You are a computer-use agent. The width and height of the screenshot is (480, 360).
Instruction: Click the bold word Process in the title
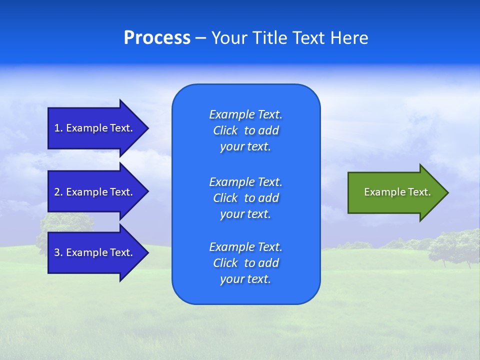157,38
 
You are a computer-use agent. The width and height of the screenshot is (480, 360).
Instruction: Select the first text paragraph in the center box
245,130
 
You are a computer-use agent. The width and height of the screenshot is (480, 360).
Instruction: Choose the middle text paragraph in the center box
245,197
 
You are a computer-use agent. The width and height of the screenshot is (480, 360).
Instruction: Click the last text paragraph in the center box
245,263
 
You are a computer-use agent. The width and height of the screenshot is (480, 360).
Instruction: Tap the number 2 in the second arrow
57,192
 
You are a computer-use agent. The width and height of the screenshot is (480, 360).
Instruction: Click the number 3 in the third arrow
57,252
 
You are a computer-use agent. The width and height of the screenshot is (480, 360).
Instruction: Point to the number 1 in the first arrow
57,128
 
